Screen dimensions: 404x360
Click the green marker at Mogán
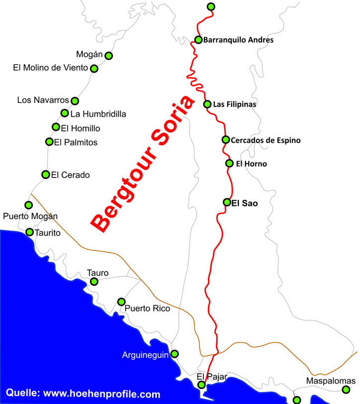click(x=108, y=56)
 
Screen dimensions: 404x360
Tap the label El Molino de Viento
click(x=50, y=68)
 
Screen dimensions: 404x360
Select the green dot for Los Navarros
click(x=75, y=100)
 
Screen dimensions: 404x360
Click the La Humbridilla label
click(x=98, y=114)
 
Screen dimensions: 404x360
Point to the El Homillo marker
click(x=56, y=127)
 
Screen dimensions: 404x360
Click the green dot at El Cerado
click(x=46, y=174)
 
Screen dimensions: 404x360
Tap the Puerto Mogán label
click(x=30, y=216)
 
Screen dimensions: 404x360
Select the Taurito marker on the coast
click(x=29, y=232)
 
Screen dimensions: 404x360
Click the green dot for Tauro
click(x=94, y=282)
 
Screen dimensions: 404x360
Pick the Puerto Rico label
click(x=147, y=309)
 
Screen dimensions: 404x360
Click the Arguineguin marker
click(x=175, y=354)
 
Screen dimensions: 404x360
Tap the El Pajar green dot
click(x=201, y=385)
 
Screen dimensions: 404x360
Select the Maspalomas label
click(x=331, y=381)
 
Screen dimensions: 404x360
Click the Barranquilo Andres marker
click(x=198, y=40)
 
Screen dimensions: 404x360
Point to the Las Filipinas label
click(x=234, y=104)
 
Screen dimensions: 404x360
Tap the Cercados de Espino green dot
click(x=225, y=140)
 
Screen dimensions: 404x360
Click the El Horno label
click(x=251, y=163)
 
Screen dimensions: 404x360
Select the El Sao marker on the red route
click(x=227, y=202)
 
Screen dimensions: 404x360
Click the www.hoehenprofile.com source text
click(x=102, y=394)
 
